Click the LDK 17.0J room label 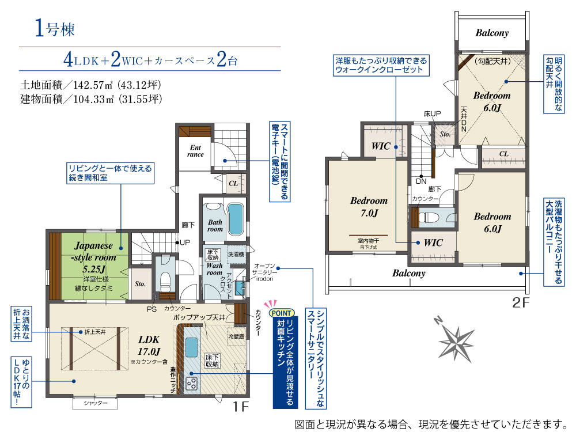148,344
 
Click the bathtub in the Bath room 236,221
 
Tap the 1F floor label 240,407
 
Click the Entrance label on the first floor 196,150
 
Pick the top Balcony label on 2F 492,33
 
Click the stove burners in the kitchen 191,381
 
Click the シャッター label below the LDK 95,403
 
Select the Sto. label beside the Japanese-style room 140,284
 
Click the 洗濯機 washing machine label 236,254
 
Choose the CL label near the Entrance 233,183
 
